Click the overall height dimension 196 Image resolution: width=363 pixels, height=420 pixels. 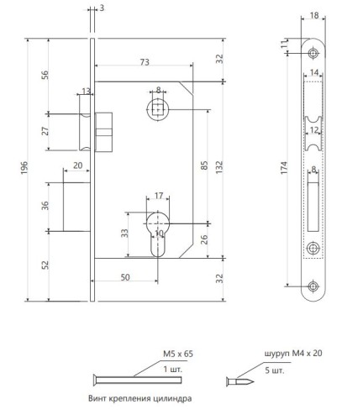pos(24,167)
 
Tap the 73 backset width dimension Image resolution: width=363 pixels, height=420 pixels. pos(145,62)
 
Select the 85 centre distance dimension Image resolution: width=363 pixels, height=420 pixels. pos(204,165)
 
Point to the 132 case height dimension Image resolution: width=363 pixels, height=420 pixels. pos(219,167)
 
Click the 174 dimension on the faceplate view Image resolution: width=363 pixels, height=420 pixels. pos(284,168)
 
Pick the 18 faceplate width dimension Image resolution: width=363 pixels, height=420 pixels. pos(314,15)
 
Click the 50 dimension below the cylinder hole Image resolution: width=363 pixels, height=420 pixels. pos(125,277)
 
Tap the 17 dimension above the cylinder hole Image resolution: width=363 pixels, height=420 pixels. pos(159,196)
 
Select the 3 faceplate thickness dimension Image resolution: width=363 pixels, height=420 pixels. pos(102,8)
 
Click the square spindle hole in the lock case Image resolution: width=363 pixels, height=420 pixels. pos(158,109)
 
